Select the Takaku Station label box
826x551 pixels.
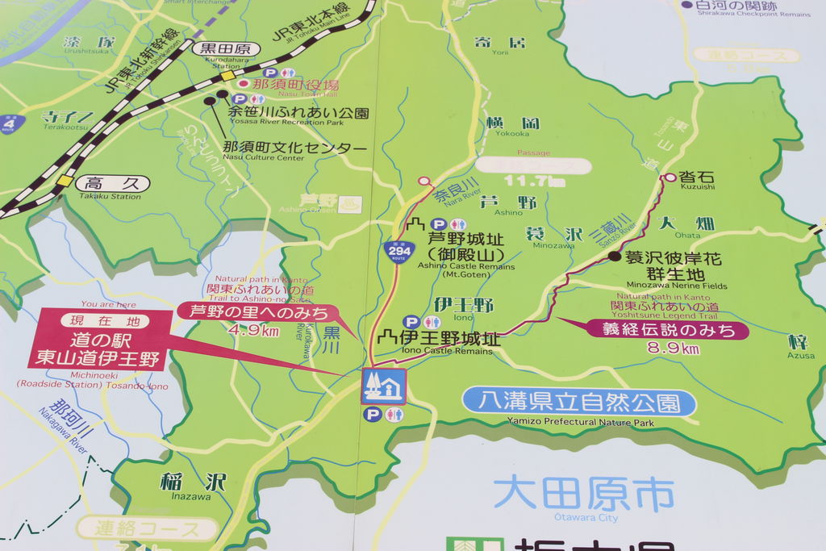coord(114,184)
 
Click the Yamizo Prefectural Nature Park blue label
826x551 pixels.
coord(579,402)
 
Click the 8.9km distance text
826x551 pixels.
coord(674,349)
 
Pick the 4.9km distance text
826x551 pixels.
coord(253,330)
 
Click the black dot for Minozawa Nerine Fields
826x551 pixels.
coord(615,257)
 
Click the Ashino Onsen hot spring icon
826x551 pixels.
coord(350,203)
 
